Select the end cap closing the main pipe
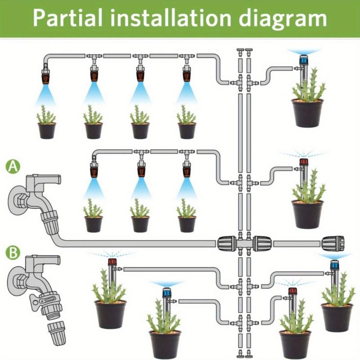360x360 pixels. (x=333, y=243)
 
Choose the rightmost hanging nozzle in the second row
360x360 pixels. (x=187, y=169)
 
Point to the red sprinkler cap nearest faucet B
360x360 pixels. (x=112, y=262)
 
